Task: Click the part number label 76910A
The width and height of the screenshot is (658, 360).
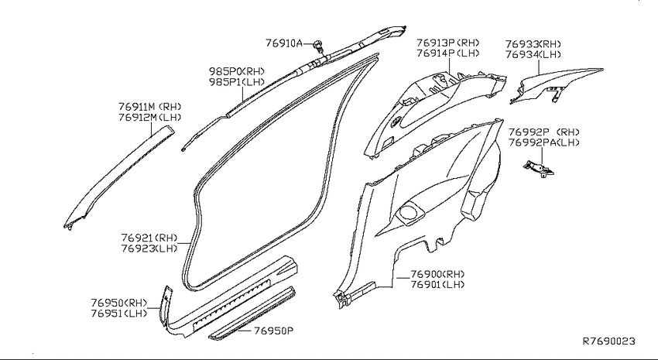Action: (283, 43)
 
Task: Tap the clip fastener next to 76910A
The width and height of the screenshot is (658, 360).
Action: (319, 45)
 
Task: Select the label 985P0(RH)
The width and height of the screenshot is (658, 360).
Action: (237, 71)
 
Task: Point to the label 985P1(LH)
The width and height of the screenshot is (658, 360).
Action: (237, 82)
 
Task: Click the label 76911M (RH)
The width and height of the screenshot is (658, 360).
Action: (150, 107)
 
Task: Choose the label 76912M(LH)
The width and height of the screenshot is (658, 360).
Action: (150, 117)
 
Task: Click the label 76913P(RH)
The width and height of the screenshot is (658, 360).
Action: (447, 43)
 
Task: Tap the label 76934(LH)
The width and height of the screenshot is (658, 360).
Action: (533, 54)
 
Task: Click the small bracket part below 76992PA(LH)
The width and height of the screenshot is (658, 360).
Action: (539, 169)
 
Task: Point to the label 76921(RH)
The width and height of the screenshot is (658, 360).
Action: (149, 238)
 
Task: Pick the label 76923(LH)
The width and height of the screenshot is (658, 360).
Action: (149, 249)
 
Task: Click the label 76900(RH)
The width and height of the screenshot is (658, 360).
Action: (437, 274)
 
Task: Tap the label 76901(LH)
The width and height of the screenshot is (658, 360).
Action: (437, 285)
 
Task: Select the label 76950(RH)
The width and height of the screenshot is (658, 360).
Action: (119, 303)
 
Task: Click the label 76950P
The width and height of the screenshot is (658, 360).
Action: (273, 331)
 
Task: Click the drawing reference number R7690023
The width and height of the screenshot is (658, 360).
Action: (609, 341)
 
